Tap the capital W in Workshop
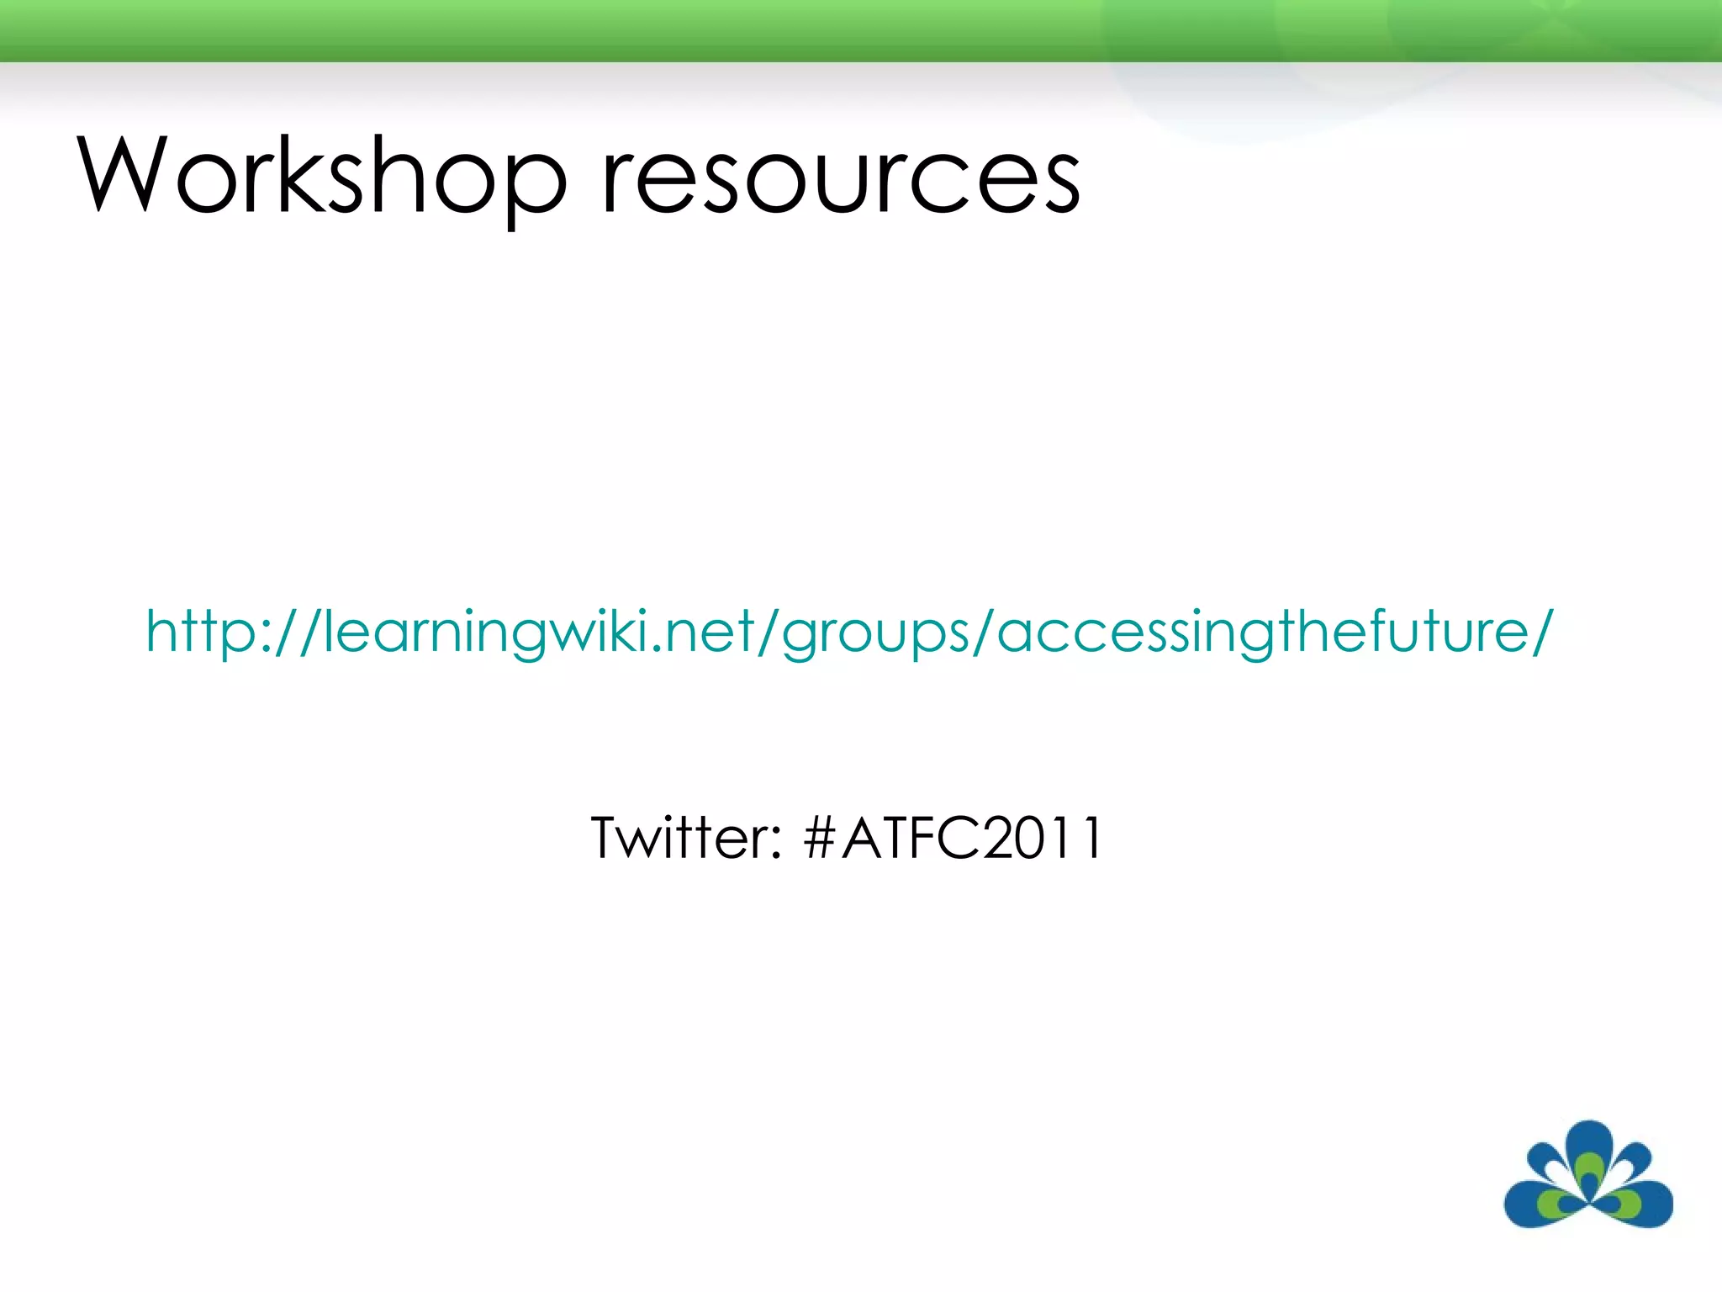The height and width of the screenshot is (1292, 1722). tap(126, 175)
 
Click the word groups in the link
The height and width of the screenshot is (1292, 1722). tap(874, 633)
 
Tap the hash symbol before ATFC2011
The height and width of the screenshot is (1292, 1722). tap(819, 838)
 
